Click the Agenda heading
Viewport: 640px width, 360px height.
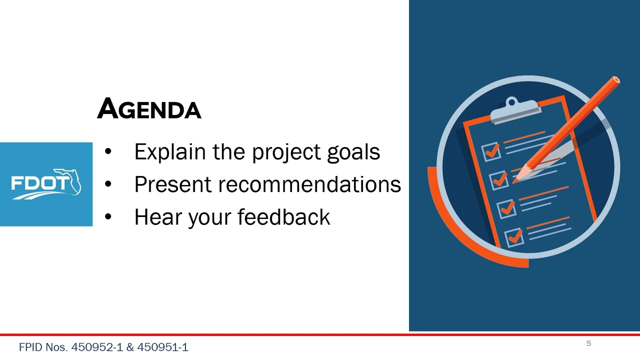149,108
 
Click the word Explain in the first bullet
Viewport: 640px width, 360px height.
170,152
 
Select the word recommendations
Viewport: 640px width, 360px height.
309,184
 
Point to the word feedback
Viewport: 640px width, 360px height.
283,217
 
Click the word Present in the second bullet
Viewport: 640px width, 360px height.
173,184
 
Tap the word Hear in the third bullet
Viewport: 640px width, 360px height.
158,217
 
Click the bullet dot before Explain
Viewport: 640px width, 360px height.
108,151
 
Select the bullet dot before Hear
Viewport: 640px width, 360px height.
108,216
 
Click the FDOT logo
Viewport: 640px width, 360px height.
46,184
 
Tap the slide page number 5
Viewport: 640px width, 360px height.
588,343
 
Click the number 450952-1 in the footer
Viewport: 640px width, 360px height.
97,347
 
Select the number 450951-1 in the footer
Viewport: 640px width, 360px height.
163,347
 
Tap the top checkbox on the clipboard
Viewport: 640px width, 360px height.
491,151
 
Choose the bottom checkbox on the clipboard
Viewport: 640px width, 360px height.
514,237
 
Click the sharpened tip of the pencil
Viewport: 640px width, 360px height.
514,181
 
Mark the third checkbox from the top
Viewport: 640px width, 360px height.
506,209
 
